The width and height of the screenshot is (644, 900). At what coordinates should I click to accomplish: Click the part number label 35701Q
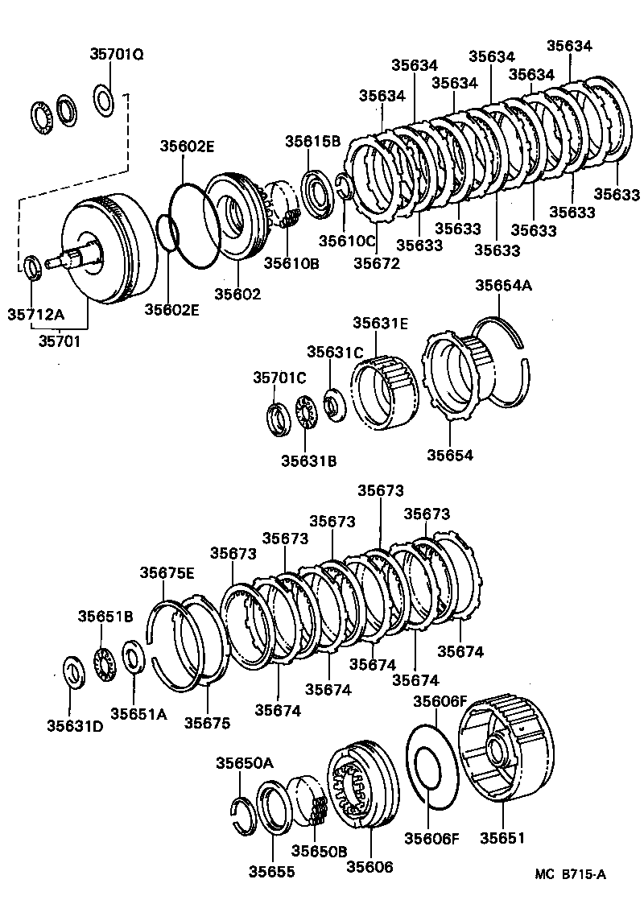pyautogui.click(x=116, y=55)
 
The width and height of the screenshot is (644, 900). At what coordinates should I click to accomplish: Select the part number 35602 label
pyautogui.click(x=237, y=294)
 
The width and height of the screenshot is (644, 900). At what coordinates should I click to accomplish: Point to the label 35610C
pyautogui.click(x=347, y=240)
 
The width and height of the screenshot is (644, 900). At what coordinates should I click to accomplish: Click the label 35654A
pyautogui.click(x=503, y=286)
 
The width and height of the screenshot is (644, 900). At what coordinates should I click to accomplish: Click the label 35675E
pyautogui.click(x=167, y=572)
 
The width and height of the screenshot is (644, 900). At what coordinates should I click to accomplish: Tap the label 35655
pyautogui.click(x=271, y=871)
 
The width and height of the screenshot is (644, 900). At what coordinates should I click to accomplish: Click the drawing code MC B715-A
pyautogui.click(x=573, y=873)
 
